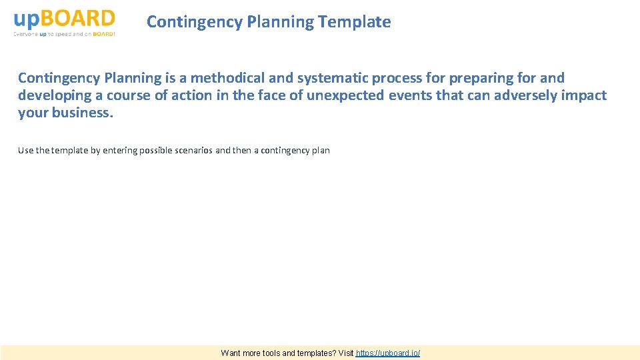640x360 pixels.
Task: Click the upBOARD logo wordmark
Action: tap(64, 18)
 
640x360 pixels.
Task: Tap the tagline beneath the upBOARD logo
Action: tap(64, 34)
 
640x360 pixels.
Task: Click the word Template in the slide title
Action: tap(355, 22)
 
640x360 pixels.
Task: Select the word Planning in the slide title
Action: tap(281, 22)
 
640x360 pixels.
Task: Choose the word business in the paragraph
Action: tap(79, 113)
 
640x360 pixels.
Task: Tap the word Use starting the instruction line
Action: tap(25, 151)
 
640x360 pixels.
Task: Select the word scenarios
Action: tap(195, 151)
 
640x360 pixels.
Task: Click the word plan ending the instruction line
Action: tap(321, 151)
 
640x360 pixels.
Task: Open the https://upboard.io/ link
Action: tap(388, 353)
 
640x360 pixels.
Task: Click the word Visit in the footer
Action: tap(345, 353)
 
